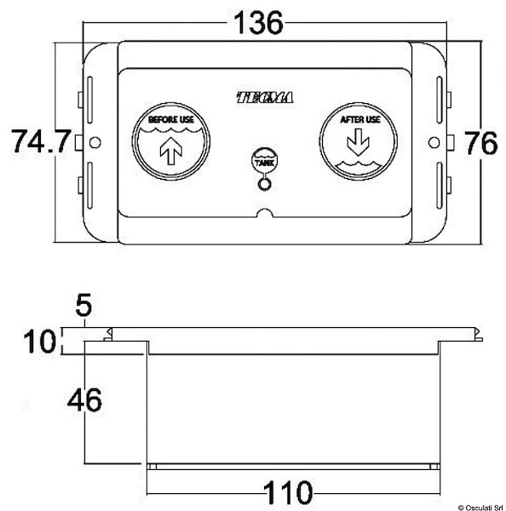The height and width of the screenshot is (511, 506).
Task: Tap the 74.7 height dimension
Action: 40,141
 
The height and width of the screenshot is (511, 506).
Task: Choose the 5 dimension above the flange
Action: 83,304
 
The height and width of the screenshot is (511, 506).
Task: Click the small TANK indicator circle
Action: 264,159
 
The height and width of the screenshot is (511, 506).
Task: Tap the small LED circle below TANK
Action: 264,181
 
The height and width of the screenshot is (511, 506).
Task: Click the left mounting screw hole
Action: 95,141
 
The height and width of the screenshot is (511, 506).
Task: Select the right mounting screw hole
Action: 434,141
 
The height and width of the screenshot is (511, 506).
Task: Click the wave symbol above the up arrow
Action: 171,132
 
